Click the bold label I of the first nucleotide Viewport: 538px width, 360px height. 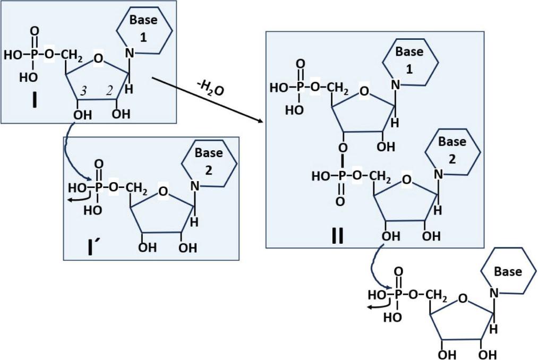click(34, 100)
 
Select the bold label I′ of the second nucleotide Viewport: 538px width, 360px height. click(91, 247)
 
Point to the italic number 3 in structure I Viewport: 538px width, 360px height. click(83, 91)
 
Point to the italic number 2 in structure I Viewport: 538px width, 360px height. click(109, 91)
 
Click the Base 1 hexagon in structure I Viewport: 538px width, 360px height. click(144, 30)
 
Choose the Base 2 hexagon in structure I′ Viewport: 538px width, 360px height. click(209, 163)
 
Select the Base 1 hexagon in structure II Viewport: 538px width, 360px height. click(410, 62)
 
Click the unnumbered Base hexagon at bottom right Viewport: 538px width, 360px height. click(508, 271)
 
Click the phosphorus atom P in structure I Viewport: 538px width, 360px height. click(34, 54)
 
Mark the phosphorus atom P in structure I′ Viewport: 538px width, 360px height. click(99, 187)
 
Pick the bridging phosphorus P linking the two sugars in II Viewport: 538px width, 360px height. click(341, 176)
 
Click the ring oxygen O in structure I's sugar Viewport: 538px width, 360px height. click(98, 59)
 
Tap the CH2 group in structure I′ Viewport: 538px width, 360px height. click(136, 188)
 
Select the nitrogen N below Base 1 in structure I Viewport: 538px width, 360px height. click(130, 53)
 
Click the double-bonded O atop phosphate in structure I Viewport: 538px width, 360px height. click(35, 31)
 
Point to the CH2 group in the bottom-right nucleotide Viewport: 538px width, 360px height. click(437, 295)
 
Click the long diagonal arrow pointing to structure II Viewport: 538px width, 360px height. click(207, 100)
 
